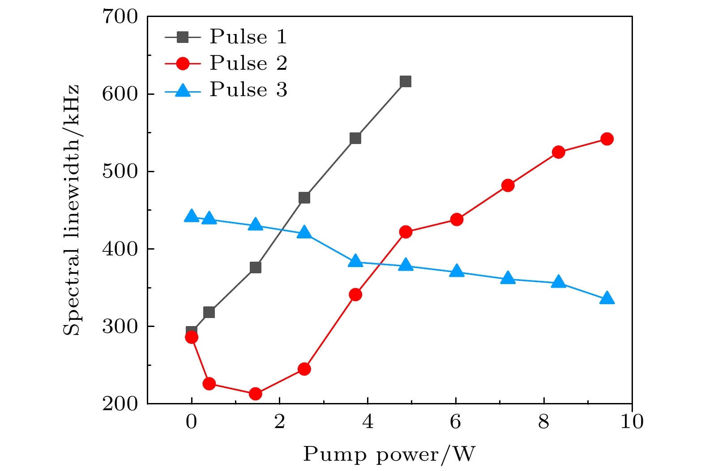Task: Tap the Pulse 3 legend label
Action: (248, 89)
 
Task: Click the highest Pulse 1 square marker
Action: (406, 81)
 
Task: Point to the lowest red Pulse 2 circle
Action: (255, 394)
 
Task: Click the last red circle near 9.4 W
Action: (607, 139)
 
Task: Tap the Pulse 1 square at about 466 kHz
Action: (304, 198)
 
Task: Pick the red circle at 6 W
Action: (457, 220)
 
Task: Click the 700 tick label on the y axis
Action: (120, 17)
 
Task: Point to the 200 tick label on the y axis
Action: (120, 403)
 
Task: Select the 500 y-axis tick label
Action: (120, 172)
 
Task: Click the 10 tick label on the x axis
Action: (632, 422)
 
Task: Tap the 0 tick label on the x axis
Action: (192, 422)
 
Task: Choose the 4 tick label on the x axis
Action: (367, 422)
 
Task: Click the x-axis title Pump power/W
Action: (389, 454)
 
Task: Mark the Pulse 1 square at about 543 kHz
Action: (355, 138)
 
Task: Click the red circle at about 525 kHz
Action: (558, 152)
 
